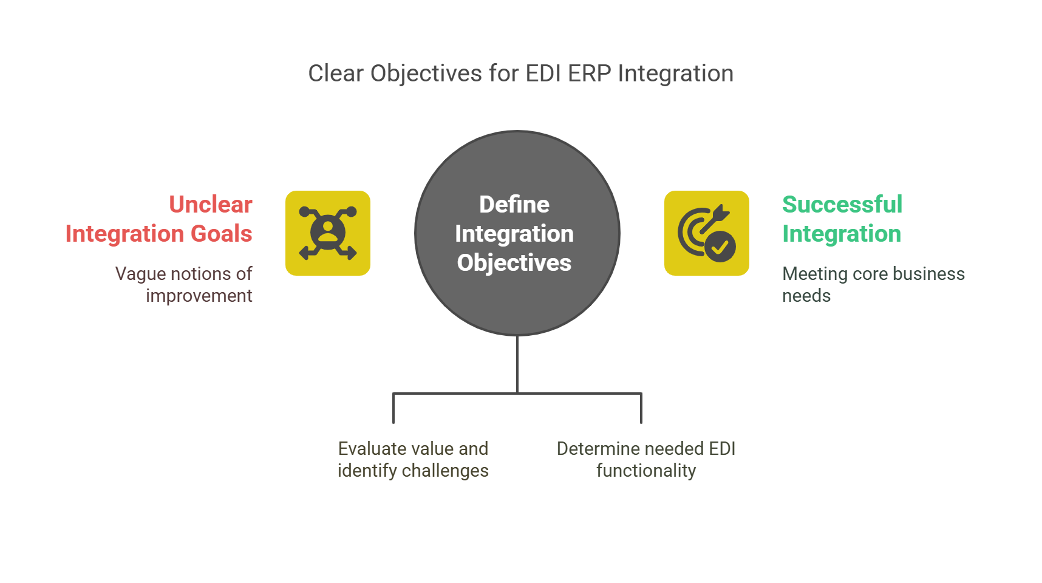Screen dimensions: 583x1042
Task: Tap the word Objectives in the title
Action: click(x=426, y=73)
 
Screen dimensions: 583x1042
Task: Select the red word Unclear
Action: click(x=211, y=205)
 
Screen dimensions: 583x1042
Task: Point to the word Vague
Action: click(x=140, y=274)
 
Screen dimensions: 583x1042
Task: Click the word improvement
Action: click(x=199, y=296)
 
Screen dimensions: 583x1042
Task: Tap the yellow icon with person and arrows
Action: click(x=328, y=233)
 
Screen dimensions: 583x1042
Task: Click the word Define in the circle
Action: click(x=514, y=205)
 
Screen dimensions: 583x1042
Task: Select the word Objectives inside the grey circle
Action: click(x=514, y=263)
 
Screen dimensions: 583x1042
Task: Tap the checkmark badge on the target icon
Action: click(x=720, y=247)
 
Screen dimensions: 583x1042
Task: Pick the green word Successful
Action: click(x=842, y=205)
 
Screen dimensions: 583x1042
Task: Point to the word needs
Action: click(x=806, y=296)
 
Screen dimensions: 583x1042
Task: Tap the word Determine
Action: click(x=597, y=449)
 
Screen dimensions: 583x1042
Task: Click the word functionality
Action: click(x=646, y=471)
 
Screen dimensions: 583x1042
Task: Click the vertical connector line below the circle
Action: click(x=517, y=364)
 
